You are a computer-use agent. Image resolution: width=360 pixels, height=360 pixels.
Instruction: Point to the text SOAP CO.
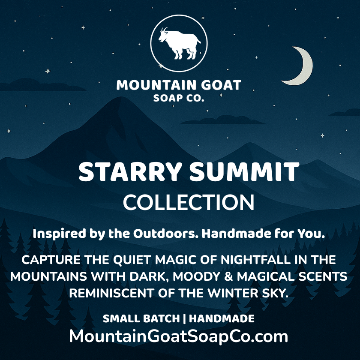(179, 98)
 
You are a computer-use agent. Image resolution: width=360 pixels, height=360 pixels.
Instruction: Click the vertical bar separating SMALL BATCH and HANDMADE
(186, 319)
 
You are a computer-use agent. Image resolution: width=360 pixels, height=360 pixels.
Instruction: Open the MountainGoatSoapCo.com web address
(178, 336)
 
